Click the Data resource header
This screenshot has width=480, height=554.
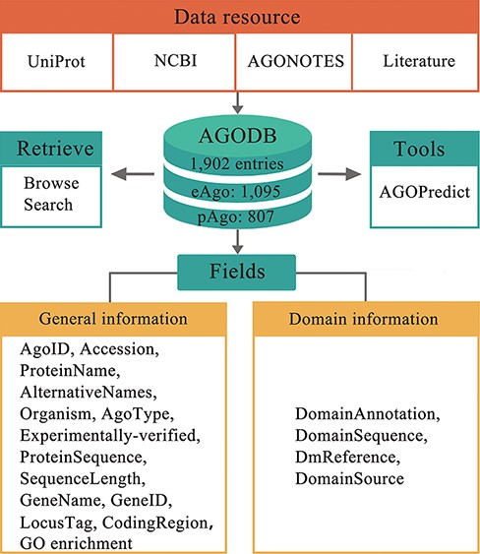click(x=240, y=17)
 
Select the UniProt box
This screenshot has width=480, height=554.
click(x=62, y=63)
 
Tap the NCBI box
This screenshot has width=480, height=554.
click(x=176, y=63)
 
